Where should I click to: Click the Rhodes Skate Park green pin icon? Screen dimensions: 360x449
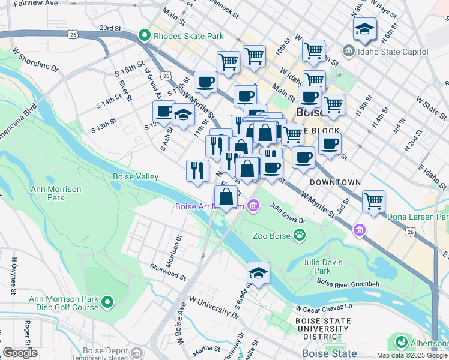click(144, 36)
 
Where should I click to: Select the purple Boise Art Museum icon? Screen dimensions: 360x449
click(253, 206)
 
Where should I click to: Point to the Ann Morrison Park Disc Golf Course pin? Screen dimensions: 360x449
click(107, 301)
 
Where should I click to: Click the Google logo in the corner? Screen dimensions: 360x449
click(20, 353)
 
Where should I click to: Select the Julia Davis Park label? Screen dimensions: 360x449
click(323, 266)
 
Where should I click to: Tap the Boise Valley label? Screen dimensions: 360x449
click(136, 176)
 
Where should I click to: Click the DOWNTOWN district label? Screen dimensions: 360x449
click(335, 182)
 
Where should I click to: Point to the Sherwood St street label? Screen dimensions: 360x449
click(168, 271)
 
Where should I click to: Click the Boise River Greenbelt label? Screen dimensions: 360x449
click(348, 284)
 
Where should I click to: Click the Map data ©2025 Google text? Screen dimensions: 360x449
click(411, 355)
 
